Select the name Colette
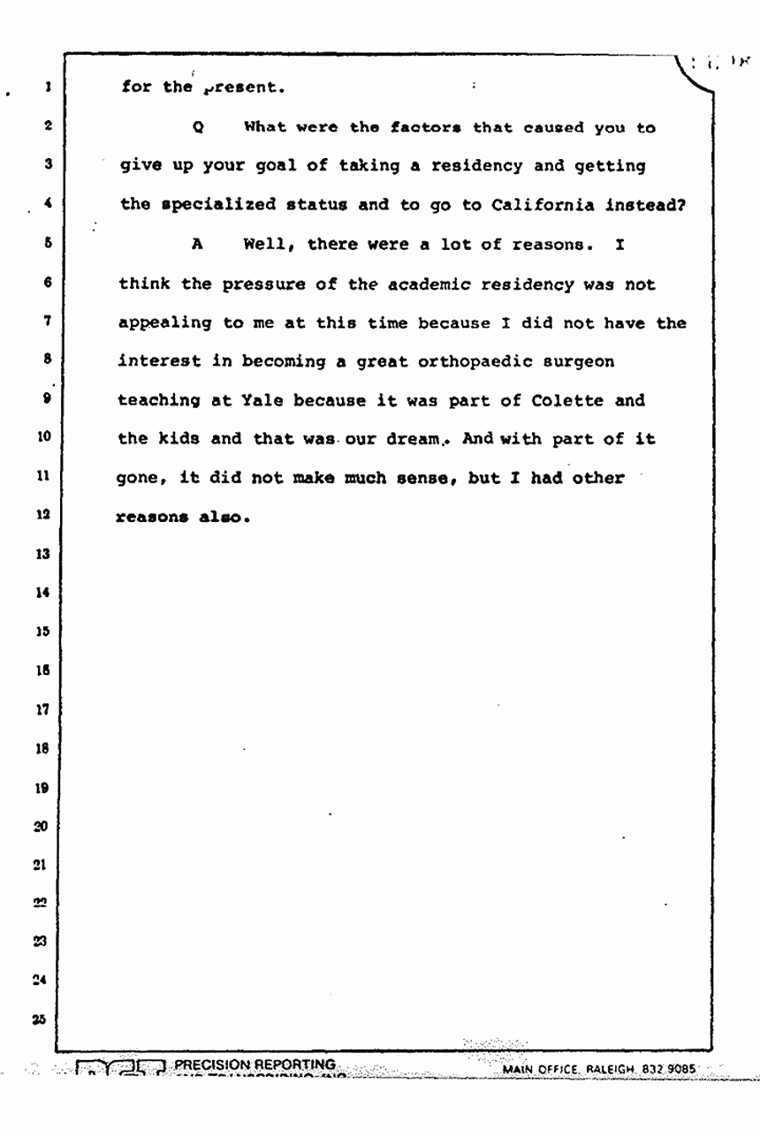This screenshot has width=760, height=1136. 566,401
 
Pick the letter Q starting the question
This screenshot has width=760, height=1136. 198,127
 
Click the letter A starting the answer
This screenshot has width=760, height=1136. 198,245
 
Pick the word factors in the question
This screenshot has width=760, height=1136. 424,127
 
